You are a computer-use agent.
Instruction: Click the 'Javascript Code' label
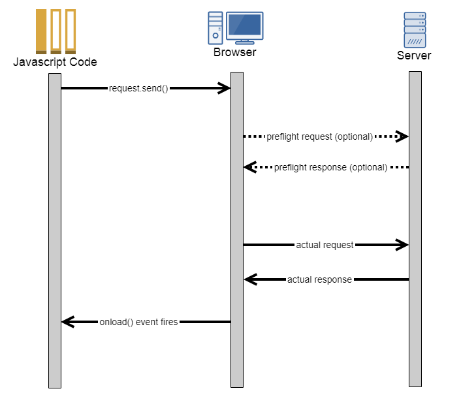(x=55, y=62)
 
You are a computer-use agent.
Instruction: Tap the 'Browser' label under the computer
(x=234, y=52)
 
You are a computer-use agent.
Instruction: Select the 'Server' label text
(x=414, y=55)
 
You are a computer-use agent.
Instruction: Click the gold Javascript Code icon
(x=56, y=31)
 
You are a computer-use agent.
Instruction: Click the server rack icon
(x=415, y=29)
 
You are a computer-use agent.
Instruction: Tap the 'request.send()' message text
(x=138, y=88)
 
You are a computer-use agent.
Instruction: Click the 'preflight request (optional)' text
(x=319, y=137)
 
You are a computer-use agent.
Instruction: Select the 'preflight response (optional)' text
(x=330, y=167)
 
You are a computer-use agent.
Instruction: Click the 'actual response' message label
(x=319, y=279)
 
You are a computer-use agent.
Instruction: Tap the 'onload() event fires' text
(x=138, y=322)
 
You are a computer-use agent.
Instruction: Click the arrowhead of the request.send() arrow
(x=225, y=88)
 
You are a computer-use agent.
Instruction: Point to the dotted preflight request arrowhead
(x=402, y=136)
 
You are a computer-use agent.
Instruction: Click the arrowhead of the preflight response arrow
(x=250, y=167)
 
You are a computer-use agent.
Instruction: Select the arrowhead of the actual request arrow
(x=402, y=245)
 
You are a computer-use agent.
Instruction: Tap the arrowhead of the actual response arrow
(x=250, y=279)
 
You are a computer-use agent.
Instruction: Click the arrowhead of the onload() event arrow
(x=67, y=322)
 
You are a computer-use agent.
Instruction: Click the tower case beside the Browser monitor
(x=215, y=27)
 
